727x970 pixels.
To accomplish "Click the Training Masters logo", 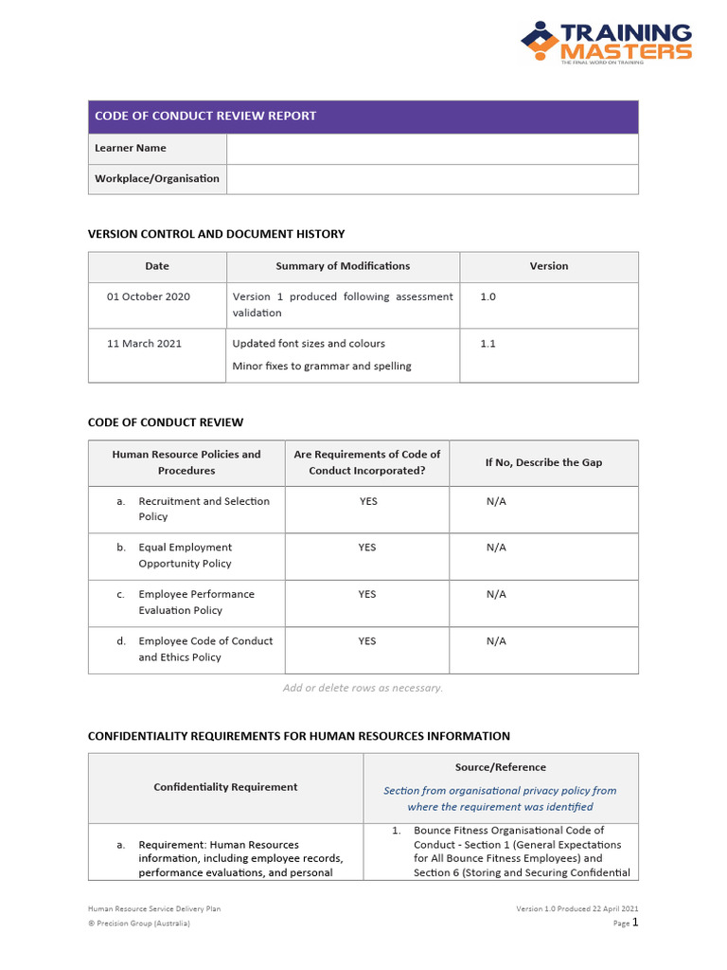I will click(606, 43).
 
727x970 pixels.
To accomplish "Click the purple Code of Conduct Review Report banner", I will click(363, 117).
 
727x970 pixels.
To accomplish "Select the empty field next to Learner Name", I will click(432, 149).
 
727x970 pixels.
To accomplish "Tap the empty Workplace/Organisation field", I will click(432, 179).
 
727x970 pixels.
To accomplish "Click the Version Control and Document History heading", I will click(216, 234).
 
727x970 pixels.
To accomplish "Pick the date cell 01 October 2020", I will click(149, 296).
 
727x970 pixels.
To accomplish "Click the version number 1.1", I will click(488, 344).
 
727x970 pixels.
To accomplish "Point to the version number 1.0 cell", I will click(488, 296).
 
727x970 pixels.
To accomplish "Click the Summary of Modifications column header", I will click(343, 266).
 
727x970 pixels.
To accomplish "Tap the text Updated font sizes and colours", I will click(309, 344).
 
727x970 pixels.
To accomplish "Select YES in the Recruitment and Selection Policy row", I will click(367, 501).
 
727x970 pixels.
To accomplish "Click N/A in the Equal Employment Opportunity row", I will click(496, 548).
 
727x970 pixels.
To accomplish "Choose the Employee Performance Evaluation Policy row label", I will click(196, 602).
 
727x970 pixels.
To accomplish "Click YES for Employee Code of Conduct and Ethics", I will click(367, 641).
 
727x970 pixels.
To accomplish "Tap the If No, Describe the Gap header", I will click(543, 462).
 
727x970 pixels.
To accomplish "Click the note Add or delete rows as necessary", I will click(363, 688).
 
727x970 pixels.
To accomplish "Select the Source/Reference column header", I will click(500, 767).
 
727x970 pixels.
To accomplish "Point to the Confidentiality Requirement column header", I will click(225, 787).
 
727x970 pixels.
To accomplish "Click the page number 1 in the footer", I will click(635, 922).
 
